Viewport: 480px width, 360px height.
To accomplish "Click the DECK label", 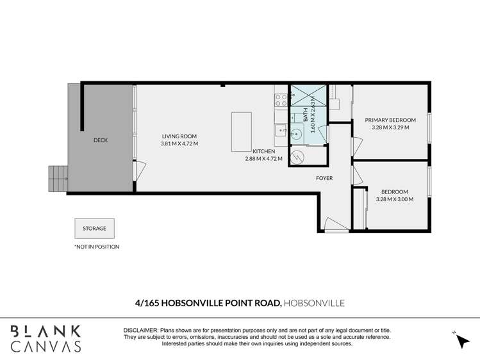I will [x=101, y=140].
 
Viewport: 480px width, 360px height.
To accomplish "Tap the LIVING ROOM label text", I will [x=179, y=136].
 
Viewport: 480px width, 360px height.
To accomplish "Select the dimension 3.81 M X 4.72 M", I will [x=179, y=143].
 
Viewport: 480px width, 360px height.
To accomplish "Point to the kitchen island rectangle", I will [x=242, y=131].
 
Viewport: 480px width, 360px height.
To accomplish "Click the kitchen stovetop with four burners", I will [x=281, y=99].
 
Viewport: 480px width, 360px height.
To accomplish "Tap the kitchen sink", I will [x=281, y=130].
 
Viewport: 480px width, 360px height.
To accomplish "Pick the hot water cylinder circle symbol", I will [x=298, y=156].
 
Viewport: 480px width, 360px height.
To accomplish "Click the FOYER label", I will [x=324, y=178].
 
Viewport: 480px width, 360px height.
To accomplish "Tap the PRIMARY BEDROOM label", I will [x=390, y=120].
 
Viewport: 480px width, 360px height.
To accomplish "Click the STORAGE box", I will [x=94, y=228].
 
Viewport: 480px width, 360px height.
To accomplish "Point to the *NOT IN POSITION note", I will [x=97, y=247].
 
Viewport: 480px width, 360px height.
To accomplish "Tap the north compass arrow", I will [x=463, y=341].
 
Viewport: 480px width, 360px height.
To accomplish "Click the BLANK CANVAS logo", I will [x=46, y=338].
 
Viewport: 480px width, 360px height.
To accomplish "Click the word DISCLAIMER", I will [x=140, y=329].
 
